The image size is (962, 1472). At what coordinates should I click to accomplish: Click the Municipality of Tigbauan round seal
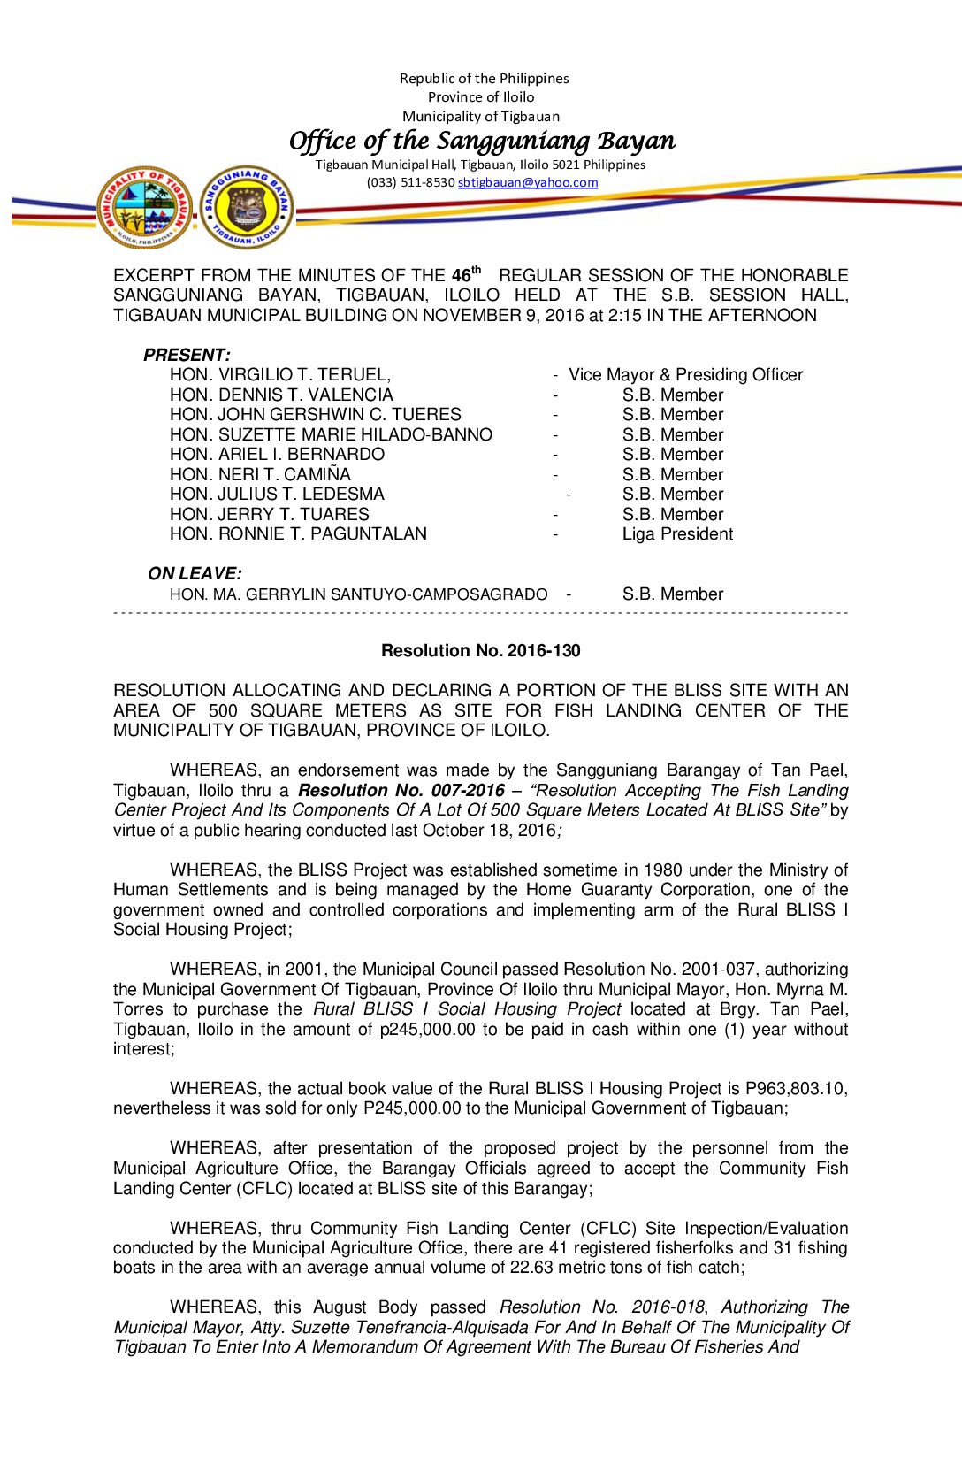(x=145, y=208)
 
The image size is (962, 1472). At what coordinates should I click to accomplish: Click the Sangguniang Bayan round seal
(x=247, y=208)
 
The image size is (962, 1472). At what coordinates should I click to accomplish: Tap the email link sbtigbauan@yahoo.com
(x=527, y=182)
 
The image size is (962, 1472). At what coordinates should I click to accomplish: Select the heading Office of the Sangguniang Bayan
(x=482, y=141)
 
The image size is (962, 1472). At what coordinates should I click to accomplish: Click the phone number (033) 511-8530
(x=410, y=182)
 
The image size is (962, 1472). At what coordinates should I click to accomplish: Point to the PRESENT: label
(x=187, y=355)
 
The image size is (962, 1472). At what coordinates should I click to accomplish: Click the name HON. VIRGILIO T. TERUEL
(x=279, y=375)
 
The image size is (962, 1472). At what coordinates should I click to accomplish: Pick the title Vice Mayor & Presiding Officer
(x=685, y=375)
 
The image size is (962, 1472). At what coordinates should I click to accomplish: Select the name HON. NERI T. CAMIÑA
(x=260, y=475)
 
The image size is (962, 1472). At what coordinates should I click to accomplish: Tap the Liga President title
(x=677, y=534)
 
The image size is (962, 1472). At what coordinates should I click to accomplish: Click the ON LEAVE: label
(x=195, y=573)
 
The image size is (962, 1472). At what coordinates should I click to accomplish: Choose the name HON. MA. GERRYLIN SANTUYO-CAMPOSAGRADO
(x=358, y=594)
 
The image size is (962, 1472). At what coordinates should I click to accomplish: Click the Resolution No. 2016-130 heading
(x=480, y=651)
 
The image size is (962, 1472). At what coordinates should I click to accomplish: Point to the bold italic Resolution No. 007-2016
(x=401, y=791)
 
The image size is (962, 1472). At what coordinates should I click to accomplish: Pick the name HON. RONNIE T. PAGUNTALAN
(x=298, y=534)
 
